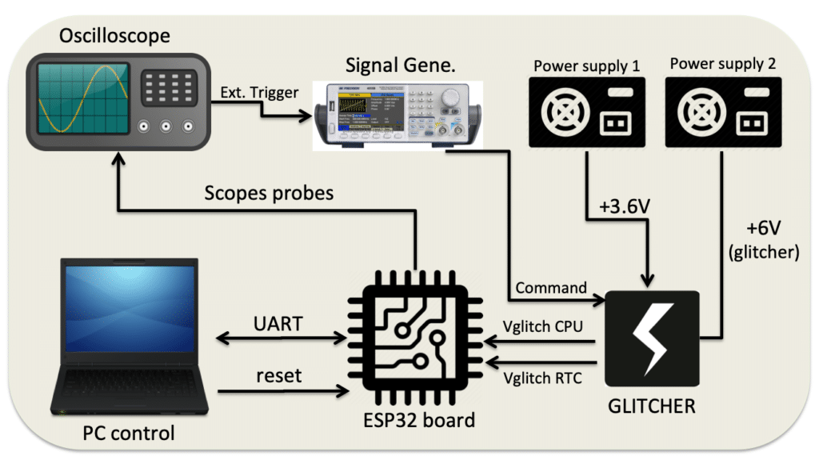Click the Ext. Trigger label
pos(260,93)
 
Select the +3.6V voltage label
pos(625,206)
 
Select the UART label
pos(279,323)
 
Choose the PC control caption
pos(129,434)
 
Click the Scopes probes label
pos(268,193)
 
